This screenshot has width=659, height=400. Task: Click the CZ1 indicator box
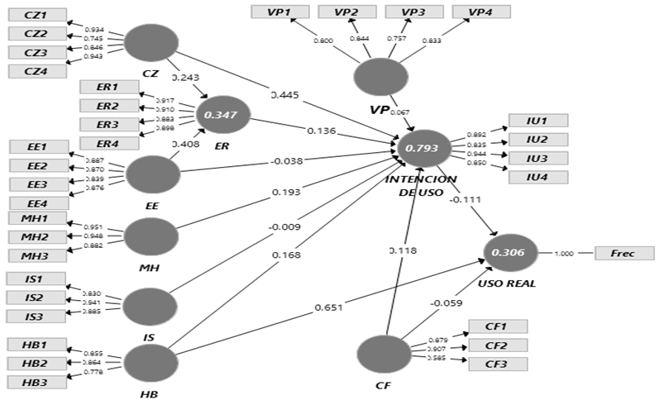click(36, 16)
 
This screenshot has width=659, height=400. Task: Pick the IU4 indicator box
click(538, 176)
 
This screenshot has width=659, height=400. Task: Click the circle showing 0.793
click(424, 150)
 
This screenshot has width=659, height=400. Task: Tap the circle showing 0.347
click(221, 115)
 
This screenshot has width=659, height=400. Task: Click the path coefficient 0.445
click(285, 94)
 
